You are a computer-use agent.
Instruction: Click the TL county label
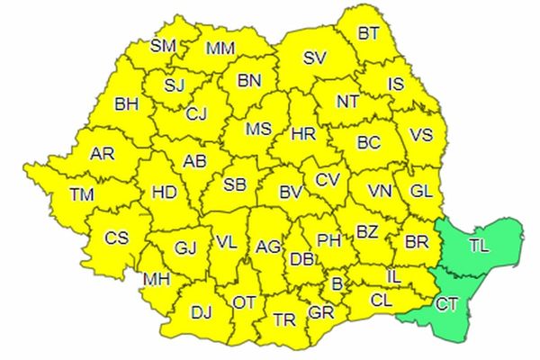[481, 243]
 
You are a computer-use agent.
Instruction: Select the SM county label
[163, 45]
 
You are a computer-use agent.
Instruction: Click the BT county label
[369, 33]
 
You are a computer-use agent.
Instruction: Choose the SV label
[313, 58]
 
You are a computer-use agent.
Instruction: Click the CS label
[117, 238]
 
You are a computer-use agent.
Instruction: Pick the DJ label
[201, 312]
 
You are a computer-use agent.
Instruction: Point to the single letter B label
[337, 283]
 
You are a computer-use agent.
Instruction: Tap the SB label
[234, 184]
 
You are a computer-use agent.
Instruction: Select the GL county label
[420, 192]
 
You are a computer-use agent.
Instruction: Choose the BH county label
[126, 104]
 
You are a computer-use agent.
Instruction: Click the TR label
[284, 319]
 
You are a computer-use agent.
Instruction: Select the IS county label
[396, 85]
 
